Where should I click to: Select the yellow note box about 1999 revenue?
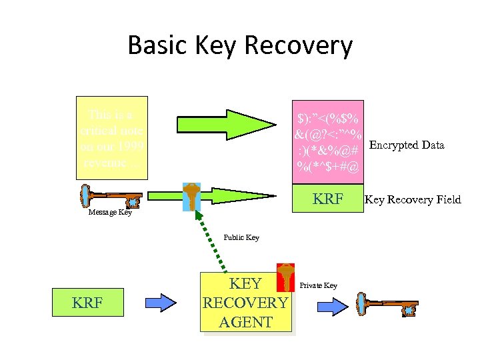coord(111,140)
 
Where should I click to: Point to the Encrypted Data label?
coord(407,145)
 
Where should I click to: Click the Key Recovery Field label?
coord(412,199)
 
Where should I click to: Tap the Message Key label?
coord(110,213)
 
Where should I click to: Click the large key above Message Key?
coord(110,197)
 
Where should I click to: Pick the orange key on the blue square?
coord(191,196)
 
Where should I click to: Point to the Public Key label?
coord(241,237)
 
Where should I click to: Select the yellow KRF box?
coord(87,303)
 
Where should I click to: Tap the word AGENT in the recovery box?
coord(245,322)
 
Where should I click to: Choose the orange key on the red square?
coord(285,277)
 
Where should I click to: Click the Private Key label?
coord(318,285)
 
